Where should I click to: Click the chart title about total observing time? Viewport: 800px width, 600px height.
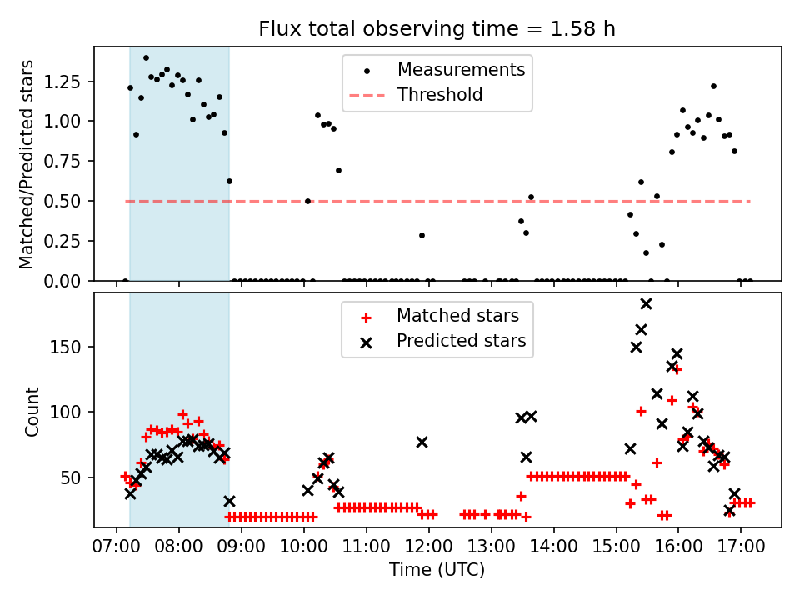click(x=437, y=29)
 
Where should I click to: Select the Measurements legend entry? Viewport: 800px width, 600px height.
click(x=461, y=69)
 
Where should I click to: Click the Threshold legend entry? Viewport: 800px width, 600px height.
click(x=440, y=95)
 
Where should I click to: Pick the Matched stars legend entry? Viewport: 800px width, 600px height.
click(x=457, y=316)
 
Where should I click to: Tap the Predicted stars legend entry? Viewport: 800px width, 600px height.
click(x=461, y=341)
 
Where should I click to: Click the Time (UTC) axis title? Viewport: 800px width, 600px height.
click(x=437, y=571)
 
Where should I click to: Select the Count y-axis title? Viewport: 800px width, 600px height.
click(x=32, y=412)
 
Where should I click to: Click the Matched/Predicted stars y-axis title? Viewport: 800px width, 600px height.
click(x=27, y=164)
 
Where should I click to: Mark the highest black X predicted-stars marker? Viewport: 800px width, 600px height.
click(x=646, y=303)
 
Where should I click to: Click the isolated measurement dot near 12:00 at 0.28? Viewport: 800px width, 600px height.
click(x=422, y=235)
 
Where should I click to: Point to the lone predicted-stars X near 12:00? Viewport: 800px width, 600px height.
click(x=422, y=442)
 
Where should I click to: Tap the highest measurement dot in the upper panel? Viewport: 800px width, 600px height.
click(x=146, y=58)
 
